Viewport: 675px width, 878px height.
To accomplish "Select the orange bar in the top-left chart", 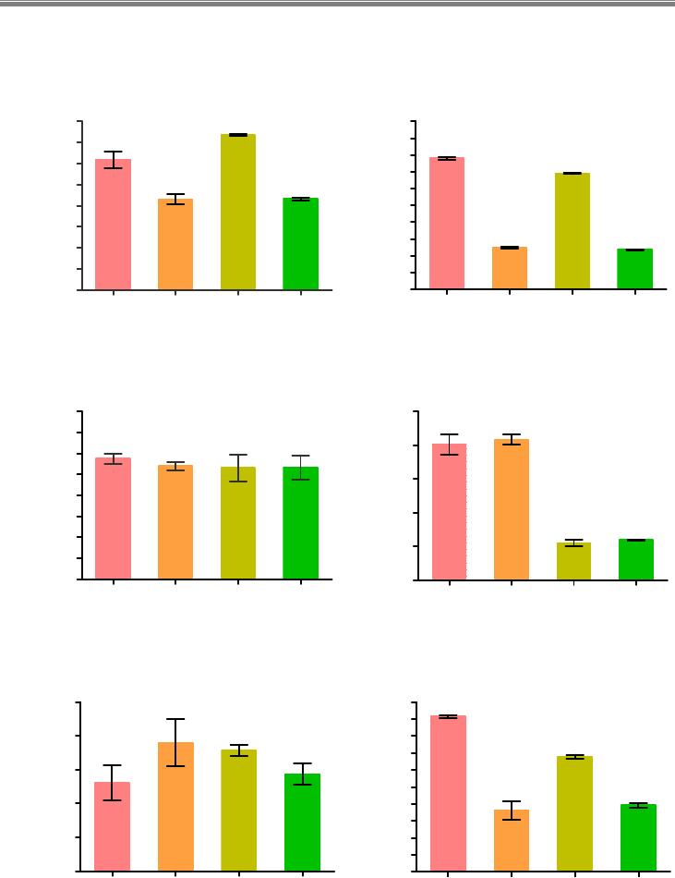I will (x=175, y=245).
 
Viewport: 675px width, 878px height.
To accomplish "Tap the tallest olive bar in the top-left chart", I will (x=238, y=213).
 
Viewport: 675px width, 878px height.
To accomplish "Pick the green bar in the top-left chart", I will (x=301, y=244).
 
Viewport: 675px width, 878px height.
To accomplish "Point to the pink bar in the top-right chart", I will (x=447, y=224).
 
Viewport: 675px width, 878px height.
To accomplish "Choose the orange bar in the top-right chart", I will (x=510, y=268).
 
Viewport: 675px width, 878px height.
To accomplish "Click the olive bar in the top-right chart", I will (x=573, y=231).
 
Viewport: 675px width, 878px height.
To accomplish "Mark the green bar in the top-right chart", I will (x=635, y=269).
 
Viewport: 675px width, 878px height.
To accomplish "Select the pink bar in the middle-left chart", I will (x=113, y=518).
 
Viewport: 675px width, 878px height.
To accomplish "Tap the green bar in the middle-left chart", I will (x=301, y=523).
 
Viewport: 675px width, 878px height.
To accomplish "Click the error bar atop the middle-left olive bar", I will (x=238, y=468).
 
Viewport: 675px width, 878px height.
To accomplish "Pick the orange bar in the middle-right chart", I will (x=512, y=509).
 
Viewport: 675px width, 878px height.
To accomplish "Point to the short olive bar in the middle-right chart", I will (x=574, y=561).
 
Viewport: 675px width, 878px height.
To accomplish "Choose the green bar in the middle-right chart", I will (x=636, y=559).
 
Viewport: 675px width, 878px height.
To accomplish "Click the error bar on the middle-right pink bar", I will (x=450, y=445).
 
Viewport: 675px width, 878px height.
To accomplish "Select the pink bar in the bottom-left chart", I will (x=113, y=826).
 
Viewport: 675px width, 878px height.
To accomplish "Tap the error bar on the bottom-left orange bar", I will (x=175, y=742).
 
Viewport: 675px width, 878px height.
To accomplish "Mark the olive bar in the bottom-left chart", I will (x=238, y=811).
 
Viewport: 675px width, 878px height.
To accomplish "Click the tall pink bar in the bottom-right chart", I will (x=449, y=793).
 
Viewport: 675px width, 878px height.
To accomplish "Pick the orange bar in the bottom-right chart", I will (x=512, y=840).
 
